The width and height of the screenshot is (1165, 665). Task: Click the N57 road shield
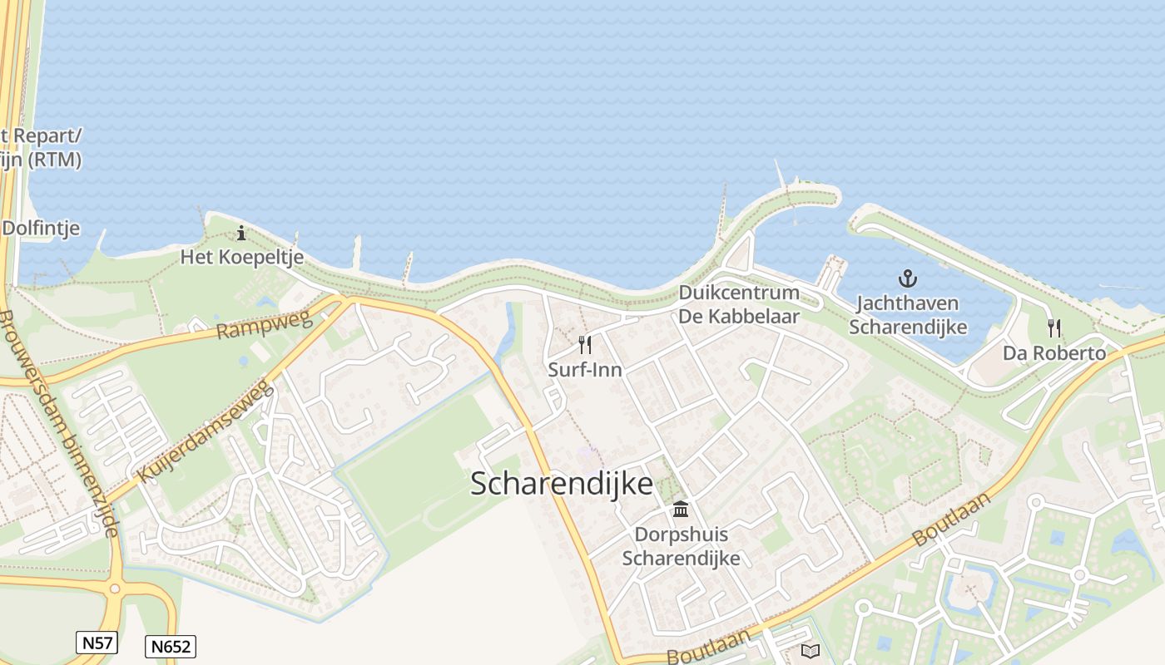click(97, 642)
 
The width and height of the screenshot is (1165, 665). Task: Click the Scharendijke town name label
click(562, 483)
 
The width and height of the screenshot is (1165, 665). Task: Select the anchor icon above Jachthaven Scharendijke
click(908, 278)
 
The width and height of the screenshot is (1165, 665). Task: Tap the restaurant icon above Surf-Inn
click(585, 345)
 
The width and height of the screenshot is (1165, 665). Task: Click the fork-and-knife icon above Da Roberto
click(1054, 328)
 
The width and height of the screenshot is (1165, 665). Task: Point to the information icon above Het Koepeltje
click(241, 233)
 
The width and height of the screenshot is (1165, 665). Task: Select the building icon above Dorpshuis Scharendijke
click(681, 509)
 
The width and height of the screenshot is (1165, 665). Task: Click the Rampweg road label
click(263, 324)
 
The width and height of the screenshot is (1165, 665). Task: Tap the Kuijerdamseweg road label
click(206, 431)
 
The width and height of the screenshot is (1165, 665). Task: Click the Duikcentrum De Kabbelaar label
click(739, 304)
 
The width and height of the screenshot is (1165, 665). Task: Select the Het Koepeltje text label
click(241, 257)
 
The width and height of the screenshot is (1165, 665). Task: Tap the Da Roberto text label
click(1054, 353)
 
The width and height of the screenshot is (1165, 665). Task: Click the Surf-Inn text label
click(585, 370)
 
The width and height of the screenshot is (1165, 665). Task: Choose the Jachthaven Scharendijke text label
click(908, 315)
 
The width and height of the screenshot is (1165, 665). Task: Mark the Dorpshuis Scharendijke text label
click(681, 545)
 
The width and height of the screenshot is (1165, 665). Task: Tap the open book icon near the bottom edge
click(810, 651)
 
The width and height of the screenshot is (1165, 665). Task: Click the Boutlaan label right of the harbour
click(953, 519)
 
